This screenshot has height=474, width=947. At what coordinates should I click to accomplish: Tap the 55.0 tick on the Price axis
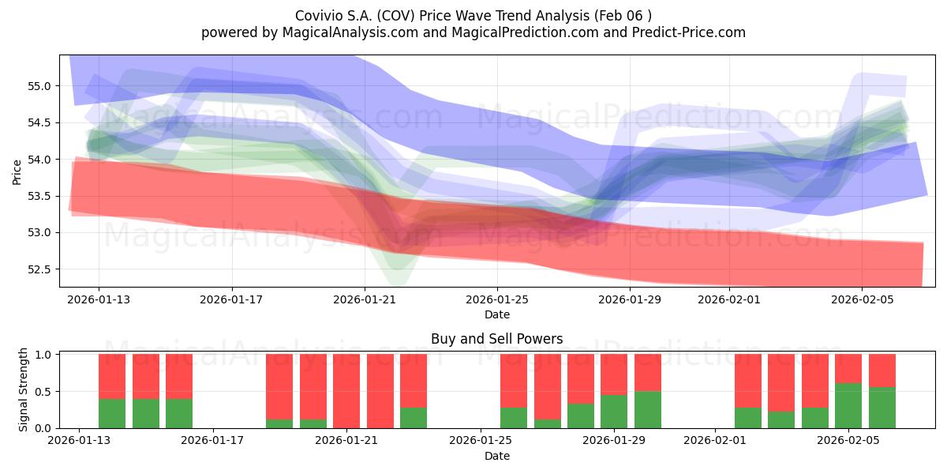[x=39, y=86]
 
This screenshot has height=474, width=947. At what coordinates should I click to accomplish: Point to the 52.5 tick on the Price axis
[x=39, y=269]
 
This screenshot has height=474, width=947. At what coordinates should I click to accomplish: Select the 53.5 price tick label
[x=39, y=196]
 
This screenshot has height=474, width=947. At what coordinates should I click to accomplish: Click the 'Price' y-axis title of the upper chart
[x=17, y=172]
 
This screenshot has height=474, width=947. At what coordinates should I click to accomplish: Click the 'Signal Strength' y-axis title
[x=23, y=389]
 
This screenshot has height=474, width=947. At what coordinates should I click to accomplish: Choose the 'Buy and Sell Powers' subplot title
[x=496, y=339]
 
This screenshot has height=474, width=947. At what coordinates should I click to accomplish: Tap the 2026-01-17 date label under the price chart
[x=231, y=299]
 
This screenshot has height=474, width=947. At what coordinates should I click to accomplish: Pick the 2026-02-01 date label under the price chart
[x=729, y=299]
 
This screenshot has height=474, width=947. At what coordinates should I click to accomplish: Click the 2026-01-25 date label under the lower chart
[x=481, y=440]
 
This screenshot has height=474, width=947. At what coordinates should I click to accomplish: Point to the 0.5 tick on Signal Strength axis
[x=43, y=392]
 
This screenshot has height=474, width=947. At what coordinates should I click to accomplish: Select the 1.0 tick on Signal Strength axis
[x=43, y=355]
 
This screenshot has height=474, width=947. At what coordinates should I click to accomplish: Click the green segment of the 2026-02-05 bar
[x=848, y=406]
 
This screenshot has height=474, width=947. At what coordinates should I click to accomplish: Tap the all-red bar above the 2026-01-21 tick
[x=346, y=391]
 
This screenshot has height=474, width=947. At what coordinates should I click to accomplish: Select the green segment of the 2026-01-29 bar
[x=614, y=412]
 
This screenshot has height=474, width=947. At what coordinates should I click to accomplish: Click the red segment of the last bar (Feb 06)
[x=882, y=371]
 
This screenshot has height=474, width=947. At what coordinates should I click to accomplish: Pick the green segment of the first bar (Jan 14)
[x=112, y=413]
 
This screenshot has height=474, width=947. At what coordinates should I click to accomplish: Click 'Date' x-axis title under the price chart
[x=496, y=314]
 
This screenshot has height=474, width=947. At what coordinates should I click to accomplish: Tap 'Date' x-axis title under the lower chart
[x=496, y=456]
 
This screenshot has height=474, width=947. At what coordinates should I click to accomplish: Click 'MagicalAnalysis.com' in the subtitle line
[x=350, y=32]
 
